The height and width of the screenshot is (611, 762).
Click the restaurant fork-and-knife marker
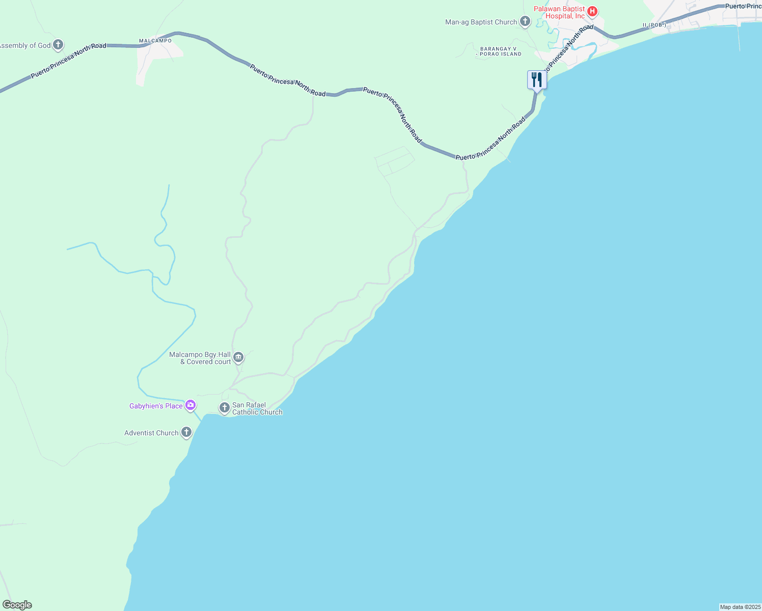[536, 80]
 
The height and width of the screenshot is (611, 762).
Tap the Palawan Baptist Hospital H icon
[592, 11]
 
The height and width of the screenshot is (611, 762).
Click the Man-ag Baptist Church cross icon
[525, 22]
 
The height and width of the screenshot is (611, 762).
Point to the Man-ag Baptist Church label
[481, 22]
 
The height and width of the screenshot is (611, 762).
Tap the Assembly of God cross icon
[58, 45]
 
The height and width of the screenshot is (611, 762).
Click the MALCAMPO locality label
[155, 41]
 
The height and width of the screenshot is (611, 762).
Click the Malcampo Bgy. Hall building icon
[238, 358]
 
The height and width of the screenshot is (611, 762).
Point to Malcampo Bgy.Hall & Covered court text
[200, 358]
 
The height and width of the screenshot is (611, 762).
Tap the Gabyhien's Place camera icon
[190, 405]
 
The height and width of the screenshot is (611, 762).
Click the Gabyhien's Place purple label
[156, 406]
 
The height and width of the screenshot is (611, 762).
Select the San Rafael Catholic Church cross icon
[224, 408]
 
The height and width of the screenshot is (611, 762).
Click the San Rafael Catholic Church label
[257, 408]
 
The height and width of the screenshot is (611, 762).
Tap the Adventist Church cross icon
[186, 433]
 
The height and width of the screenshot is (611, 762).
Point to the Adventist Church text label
[151, 433]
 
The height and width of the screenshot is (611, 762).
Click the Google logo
[17, 605]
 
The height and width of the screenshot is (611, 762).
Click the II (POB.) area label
[654, 25]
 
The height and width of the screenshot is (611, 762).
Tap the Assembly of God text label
[25, 45]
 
